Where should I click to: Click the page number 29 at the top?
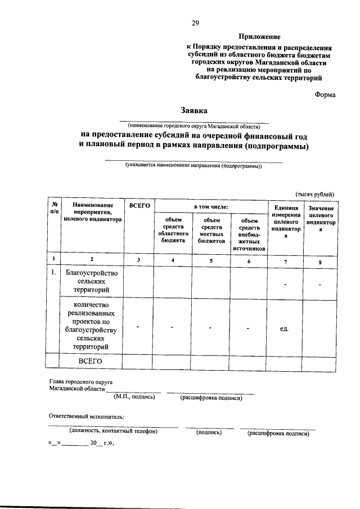(x=195, y=22)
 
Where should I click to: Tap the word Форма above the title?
(x=325, y=94)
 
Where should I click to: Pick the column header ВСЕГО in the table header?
(x=139, y=207)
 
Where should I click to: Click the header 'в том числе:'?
(x=211, y=207)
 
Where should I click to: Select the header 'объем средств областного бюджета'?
(x=173, y=230)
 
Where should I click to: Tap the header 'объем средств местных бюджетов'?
(x=211, y=230)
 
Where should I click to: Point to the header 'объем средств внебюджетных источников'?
(x=248, y=234)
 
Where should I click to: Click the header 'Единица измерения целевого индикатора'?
(x=285, y=222)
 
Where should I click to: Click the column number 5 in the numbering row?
(x=211, y=259)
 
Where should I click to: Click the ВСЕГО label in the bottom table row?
(x=90, y=361)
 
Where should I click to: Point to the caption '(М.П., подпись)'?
(x=134, y=397)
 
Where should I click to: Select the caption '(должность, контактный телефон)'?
(x=113, y=431)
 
